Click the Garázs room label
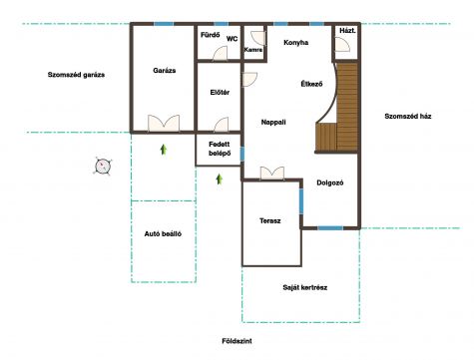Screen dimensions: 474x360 (x=165, y=71)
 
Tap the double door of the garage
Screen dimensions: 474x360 (x=164, y=123)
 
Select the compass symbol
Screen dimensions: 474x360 (x=103, y=166)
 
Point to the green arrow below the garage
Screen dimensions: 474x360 (x=164, y=150)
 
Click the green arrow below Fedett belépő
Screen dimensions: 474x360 (x=219, y=180)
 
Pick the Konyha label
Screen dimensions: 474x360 (x=295, y=43)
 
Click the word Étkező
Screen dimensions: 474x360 (x=311, y=84)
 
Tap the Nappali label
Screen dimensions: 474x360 (x=273, y=122)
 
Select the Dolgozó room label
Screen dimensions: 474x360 (x=330, y=182)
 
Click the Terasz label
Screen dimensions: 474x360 (x=270, y=220)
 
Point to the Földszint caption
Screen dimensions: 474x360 (x=237, y=341)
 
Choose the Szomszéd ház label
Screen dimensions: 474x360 (x=408, y=116)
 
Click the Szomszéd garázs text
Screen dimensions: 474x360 (x=76, y=75)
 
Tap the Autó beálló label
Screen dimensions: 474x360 (x=163, y=233)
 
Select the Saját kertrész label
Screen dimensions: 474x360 (x=305, y=287)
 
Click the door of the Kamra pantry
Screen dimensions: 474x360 (x=258, y=39)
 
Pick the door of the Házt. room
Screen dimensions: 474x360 (x=342, y=44)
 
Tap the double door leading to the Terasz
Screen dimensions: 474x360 (x=272, y=174)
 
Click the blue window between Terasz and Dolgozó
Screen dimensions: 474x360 (x=301, y=201)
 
